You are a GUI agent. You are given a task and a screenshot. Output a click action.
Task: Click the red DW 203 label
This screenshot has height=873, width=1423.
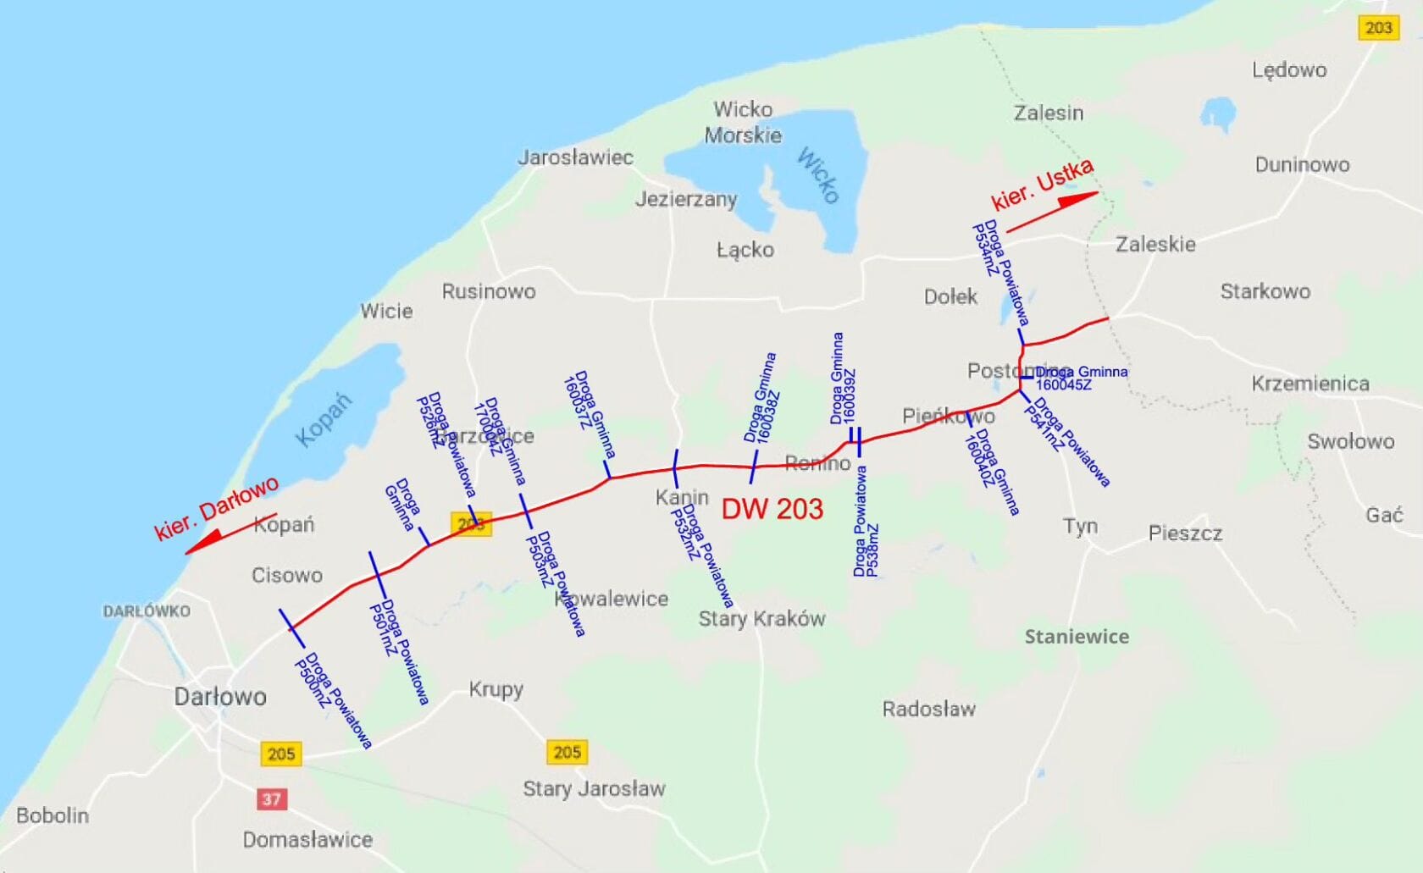click(772, 509)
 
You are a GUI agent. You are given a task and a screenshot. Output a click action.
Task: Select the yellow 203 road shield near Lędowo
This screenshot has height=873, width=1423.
click(1378, 28)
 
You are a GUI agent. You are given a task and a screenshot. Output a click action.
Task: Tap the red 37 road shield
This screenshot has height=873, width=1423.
click(271, 798)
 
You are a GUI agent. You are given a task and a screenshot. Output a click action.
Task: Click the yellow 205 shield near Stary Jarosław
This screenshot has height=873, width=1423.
click(567, 752)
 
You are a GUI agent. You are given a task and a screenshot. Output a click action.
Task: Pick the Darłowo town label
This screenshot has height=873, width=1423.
click(220, 697)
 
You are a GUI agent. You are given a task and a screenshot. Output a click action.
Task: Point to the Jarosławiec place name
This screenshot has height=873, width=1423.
click(575, 157)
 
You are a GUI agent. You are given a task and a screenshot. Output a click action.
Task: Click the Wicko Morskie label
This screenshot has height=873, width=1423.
click(743, 122)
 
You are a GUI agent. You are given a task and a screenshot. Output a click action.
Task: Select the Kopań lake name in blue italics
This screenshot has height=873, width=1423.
click(323, 420)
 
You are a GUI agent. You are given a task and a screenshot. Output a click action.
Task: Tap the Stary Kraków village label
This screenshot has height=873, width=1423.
click(761, 619)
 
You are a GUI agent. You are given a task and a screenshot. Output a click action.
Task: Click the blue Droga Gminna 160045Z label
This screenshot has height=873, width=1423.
click(1081, 378)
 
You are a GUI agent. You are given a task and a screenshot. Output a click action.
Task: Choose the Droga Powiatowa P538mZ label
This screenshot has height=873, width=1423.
click(866, 522)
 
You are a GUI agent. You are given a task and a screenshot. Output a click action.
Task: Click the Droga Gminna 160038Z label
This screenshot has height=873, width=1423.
click(761, 398)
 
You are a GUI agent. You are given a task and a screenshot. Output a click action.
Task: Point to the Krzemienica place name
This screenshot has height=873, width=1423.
click(1310, 384)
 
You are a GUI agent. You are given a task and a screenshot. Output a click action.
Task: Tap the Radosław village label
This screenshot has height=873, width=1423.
click(928, 709)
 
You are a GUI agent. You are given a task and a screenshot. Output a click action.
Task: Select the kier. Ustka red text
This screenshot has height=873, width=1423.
click(1042, 184)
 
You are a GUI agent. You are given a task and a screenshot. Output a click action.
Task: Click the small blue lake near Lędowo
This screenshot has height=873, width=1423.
click(1218, 113)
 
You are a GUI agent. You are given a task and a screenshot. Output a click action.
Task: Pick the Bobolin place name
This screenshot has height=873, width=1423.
click(53, 815)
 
